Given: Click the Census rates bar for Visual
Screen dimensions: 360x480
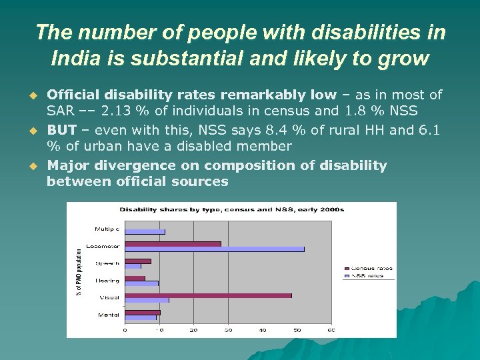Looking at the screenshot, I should click(208, 295).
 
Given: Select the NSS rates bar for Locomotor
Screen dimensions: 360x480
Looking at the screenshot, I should click(214, 249).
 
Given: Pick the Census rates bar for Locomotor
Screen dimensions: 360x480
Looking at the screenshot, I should click(173, 244).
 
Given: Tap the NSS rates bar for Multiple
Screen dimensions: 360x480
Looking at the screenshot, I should click(145, 232).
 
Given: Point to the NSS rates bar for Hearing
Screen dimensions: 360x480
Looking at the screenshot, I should click(141, 283).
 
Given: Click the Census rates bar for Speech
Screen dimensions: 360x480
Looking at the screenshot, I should click(137, 261).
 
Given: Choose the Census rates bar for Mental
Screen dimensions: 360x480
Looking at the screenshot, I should click(142, 312).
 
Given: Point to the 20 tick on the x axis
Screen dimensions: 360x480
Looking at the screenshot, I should click(193, 330).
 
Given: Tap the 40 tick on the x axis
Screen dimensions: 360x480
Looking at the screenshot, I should click(263, 330).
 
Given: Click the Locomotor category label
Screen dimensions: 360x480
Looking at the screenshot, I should click(107, 246).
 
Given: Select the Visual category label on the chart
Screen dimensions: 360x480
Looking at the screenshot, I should click(110, 297).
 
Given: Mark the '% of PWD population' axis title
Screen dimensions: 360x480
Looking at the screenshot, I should click(79, 271).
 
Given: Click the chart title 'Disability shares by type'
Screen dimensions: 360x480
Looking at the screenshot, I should click(231, 209).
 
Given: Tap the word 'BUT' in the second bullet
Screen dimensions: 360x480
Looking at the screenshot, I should click(61, 130).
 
